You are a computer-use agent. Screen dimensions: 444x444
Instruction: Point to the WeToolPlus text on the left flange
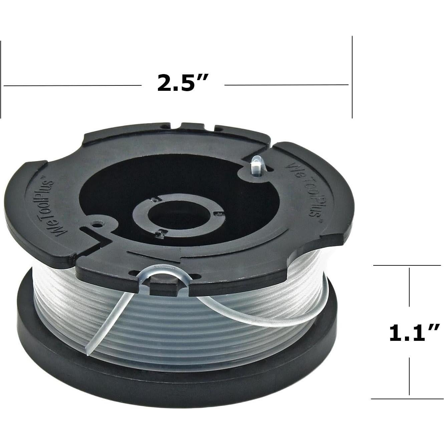tap(56, 207)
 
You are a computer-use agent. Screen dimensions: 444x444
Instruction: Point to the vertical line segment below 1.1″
tap(409, 377)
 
